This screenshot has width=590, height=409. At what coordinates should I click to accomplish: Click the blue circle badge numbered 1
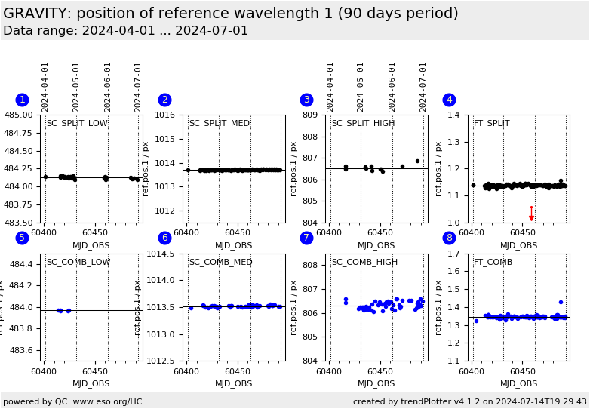(23, 100)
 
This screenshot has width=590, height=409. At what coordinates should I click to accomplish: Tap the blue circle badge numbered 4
(449, 100)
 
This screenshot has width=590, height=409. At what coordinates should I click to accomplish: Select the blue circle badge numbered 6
(164, 238)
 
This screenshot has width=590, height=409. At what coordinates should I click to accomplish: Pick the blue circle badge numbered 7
(306, 238)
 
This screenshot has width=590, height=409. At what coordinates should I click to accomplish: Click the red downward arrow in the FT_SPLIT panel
(531, 214)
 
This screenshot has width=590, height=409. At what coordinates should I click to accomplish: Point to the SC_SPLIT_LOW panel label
(77, 124)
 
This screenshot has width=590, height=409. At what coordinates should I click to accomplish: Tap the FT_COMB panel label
(493, 263)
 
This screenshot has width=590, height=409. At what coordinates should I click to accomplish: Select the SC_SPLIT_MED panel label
(220, 124)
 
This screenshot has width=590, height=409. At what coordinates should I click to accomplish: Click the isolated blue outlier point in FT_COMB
(561, 302)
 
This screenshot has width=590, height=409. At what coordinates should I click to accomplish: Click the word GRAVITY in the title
(37, 14)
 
